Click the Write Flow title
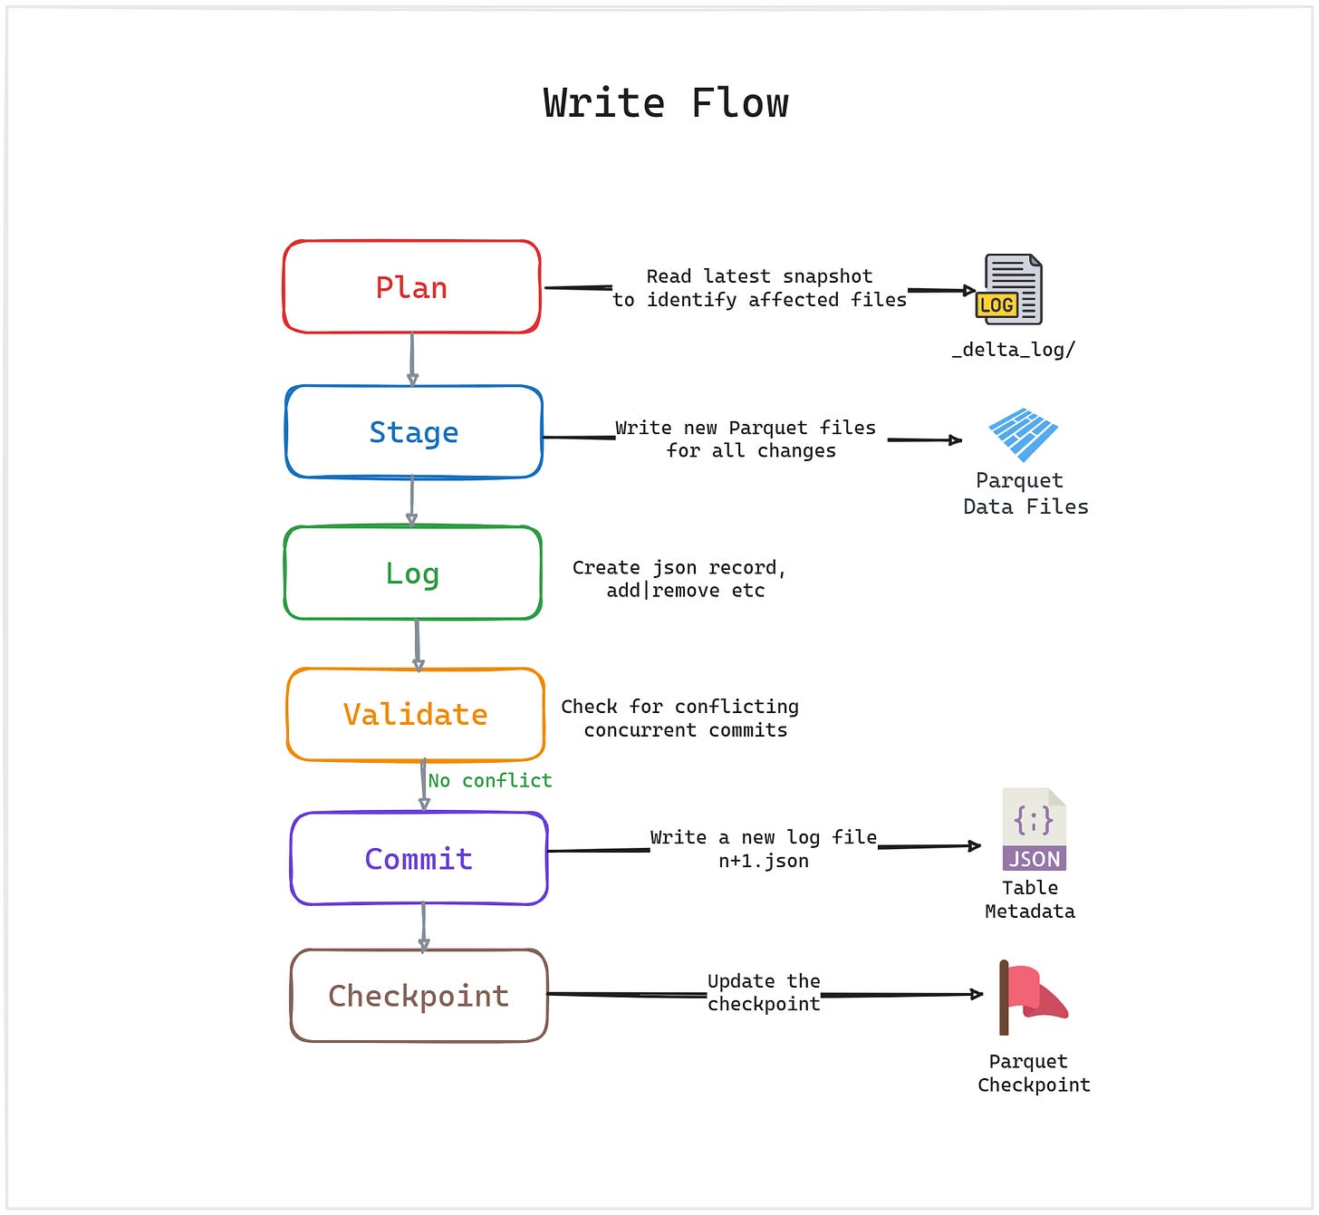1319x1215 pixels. (x=666, y=103)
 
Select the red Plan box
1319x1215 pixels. (x=411, y=287)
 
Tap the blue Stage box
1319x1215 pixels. (x=413, y=432)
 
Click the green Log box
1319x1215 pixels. (x=412, y=574)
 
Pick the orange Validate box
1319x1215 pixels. (x=415, y=715)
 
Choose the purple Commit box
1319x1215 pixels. (x=419, y=859)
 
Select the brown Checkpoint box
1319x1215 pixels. (x=419, y=996)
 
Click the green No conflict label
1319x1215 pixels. (x=489, y=781)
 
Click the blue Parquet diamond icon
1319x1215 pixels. (x=1023, y=434)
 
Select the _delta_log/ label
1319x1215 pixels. (x=1013, y=350)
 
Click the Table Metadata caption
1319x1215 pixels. (x=1030, y=900)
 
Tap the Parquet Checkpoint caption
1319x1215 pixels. (x=1033, y=1074)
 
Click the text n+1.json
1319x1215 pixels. (x=763, y=862)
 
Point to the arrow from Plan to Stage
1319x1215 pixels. (x=412, y=360)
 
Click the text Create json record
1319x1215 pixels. (x=679, y=568)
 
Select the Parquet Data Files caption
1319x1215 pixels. (x=1025, y=494)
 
